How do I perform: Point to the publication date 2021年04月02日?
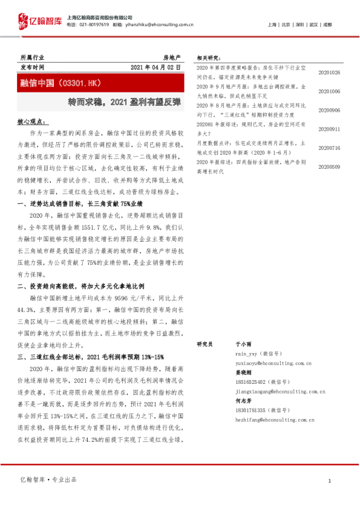pos(155,67)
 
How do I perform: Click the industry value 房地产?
pos(172,56)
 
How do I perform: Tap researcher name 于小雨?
pos(241,343)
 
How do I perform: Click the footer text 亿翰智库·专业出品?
pos(49,479)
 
